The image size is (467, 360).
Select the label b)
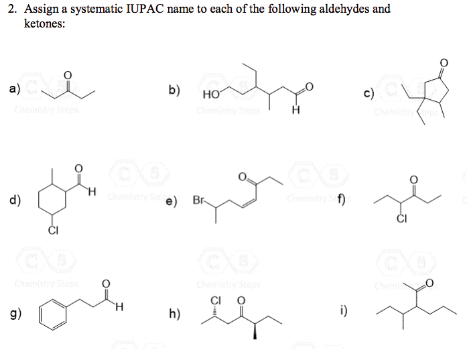tap(174, 89)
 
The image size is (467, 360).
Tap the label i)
tap(344, 310)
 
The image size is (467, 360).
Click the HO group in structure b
tap(208, 95)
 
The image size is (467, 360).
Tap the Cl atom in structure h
tap(215, 299)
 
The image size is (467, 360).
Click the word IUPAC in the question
tap(137, 10)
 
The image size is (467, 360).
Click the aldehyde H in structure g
tap(119, 308)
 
